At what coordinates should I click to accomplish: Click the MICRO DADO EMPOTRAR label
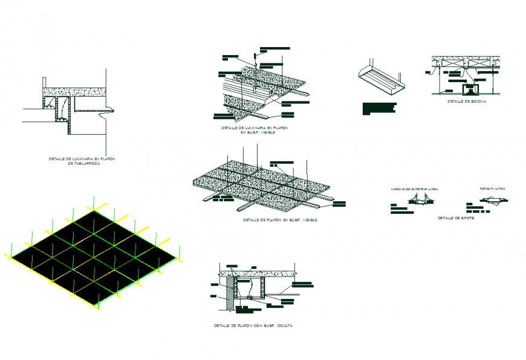click(x=414, y=189)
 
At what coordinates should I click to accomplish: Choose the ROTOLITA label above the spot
click(x=492, y=189)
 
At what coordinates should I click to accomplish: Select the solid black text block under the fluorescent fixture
click(x=378, y=109)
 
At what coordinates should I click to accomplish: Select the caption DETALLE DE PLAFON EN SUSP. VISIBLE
click(x=280, y=220)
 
